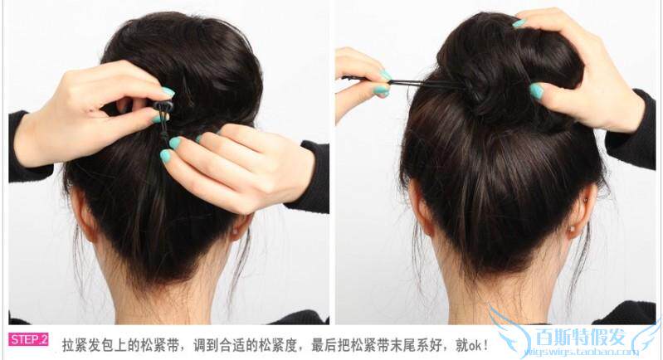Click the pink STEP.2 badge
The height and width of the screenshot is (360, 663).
pos(28,339)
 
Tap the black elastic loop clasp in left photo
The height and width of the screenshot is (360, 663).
pos(163,107)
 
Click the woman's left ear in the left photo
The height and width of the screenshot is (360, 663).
pos(83,215)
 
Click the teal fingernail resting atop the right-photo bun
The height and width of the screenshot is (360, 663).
pos(518,23)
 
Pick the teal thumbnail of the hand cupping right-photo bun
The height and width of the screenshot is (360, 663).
pos(536,91)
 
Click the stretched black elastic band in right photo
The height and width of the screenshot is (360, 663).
pos(415,82)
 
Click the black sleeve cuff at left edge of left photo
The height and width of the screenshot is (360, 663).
pos(18,145)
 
